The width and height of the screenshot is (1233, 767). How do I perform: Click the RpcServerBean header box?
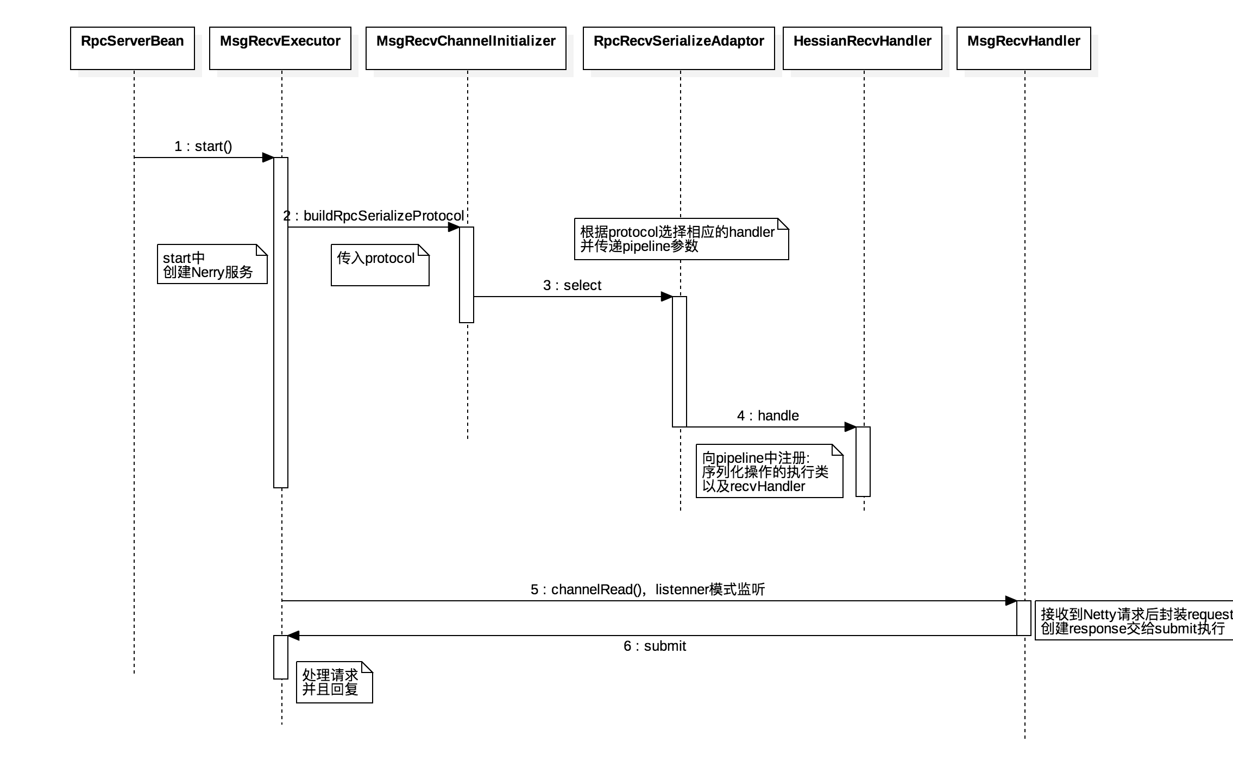pos(133,48)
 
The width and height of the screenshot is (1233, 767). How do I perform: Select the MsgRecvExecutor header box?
pos(280,48)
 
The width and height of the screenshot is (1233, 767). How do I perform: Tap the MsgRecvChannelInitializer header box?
pos(466,48)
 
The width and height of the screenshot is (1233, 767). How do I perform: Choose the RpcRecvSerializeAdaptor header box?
pos(679,48)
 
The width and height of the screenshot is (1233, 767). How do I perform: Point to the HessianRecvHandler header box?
pos(863,48)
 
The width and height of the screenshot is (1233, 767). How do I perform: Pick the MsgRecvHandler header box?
pos(1024,48)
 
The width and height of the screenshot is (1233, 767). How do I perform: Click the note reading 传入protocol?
pos(380,265)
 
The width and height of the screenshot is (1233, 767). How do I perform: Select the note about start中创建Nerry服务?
pos(212,264)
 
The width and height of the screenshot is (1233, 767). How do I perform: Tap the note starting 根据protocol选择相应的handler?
pos(681,239)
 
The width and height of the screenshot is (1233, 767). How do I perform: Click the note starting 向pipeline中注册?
pos(769,471)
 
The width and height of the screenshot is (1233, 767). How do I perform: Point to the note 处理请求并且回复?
pos(334,682)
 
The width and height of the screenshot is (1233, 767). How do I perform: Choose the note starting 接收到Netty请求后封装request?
pos(1134,621)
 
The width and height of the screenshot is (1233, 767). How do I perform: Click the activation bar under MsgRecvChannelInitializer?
pos(467,275)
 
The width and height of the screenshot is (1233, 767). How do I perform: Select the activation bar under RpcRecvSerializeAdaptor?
pos(680,361)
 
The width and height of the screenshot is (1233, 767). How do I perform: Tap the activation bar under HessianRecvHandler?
pos(863,462)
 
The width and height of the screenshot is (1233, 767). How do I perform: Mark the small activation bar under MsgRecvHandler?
pos(1024,618)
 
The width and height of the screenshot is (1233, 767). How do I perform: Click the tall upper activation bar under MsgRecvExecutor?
pos(281,323)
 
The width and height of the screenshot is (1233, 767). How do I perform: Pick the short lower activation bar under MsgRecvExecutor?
pos(281,657)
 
